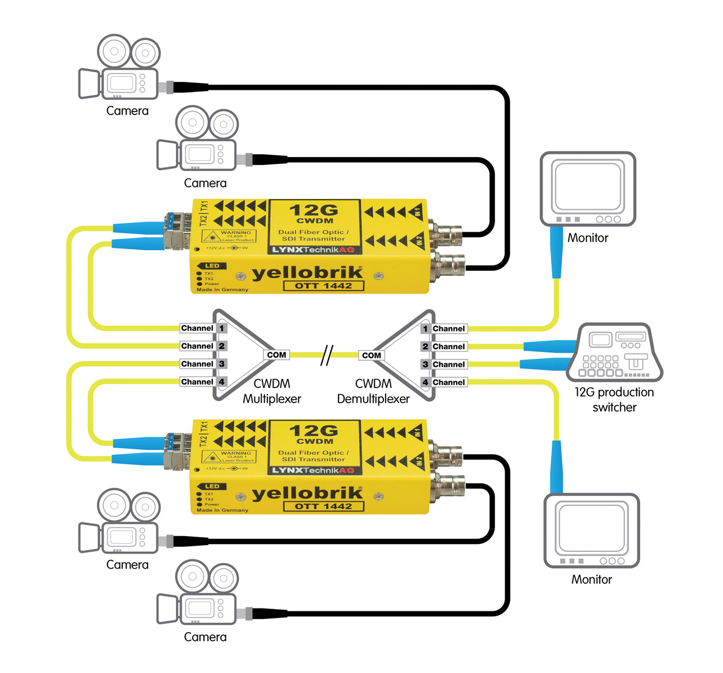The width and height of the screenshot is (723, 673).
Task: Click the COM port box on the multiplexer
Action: point(276,355)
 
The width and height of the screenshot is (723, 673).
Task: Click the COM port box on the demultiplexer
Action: point(371,356)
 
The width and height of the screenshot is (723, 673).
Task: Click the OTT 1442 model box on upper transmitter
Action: point(323,285)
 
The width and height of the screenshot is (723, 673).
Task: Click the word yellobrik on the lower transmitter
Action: point(307,493)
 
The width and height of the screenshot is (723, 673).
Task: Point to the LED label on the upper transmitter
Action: point(212,266)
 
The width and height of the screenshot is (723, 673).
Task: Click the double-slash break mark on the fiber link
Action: point(326,356)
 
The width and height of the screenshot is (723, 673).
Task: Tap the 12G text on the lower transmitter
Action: point(314,430)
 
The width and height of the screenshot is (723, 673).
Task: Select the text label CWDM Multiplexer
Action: point(272,391)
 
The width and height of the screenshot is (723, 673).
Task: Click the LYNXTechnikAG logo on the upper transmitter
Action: point(313,250)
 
